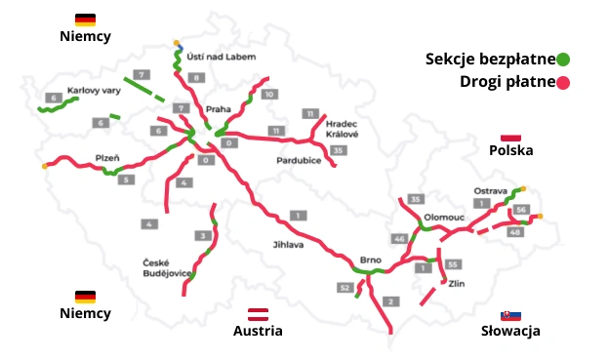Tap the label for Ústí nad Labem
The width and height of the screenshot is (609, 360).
221,57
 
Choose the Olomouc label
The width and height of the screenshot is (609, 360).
445,217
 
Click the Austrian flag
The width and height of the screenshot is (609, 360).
258,313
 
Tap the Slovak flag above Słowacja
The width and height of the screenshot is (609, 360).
509,315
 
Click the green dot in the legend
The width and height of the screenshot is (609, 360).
563,60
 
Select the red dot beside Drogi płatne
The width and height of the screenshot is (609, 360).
562,81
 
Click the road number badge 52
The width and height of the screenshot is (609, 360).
345,287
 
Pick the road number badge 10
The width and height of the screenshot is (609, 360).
269,94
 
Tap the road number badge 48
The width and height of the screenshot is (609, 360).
514,231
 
